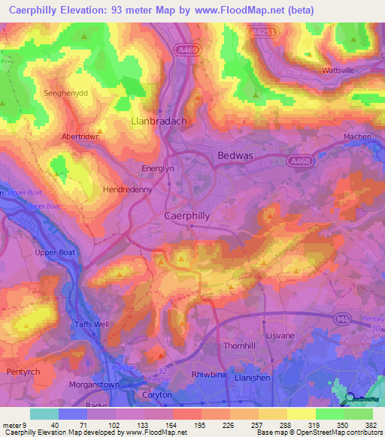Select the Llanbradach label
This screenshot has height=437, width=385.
pos(159,120)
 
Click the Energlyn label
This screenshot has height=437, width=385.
pos(159,169)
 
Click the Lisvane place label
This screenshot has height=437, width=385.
pos(283,328)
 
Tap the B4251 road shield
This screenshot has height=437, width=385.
pos(262,32)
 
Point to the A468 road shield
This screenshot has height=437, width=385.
pos(300,160)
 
